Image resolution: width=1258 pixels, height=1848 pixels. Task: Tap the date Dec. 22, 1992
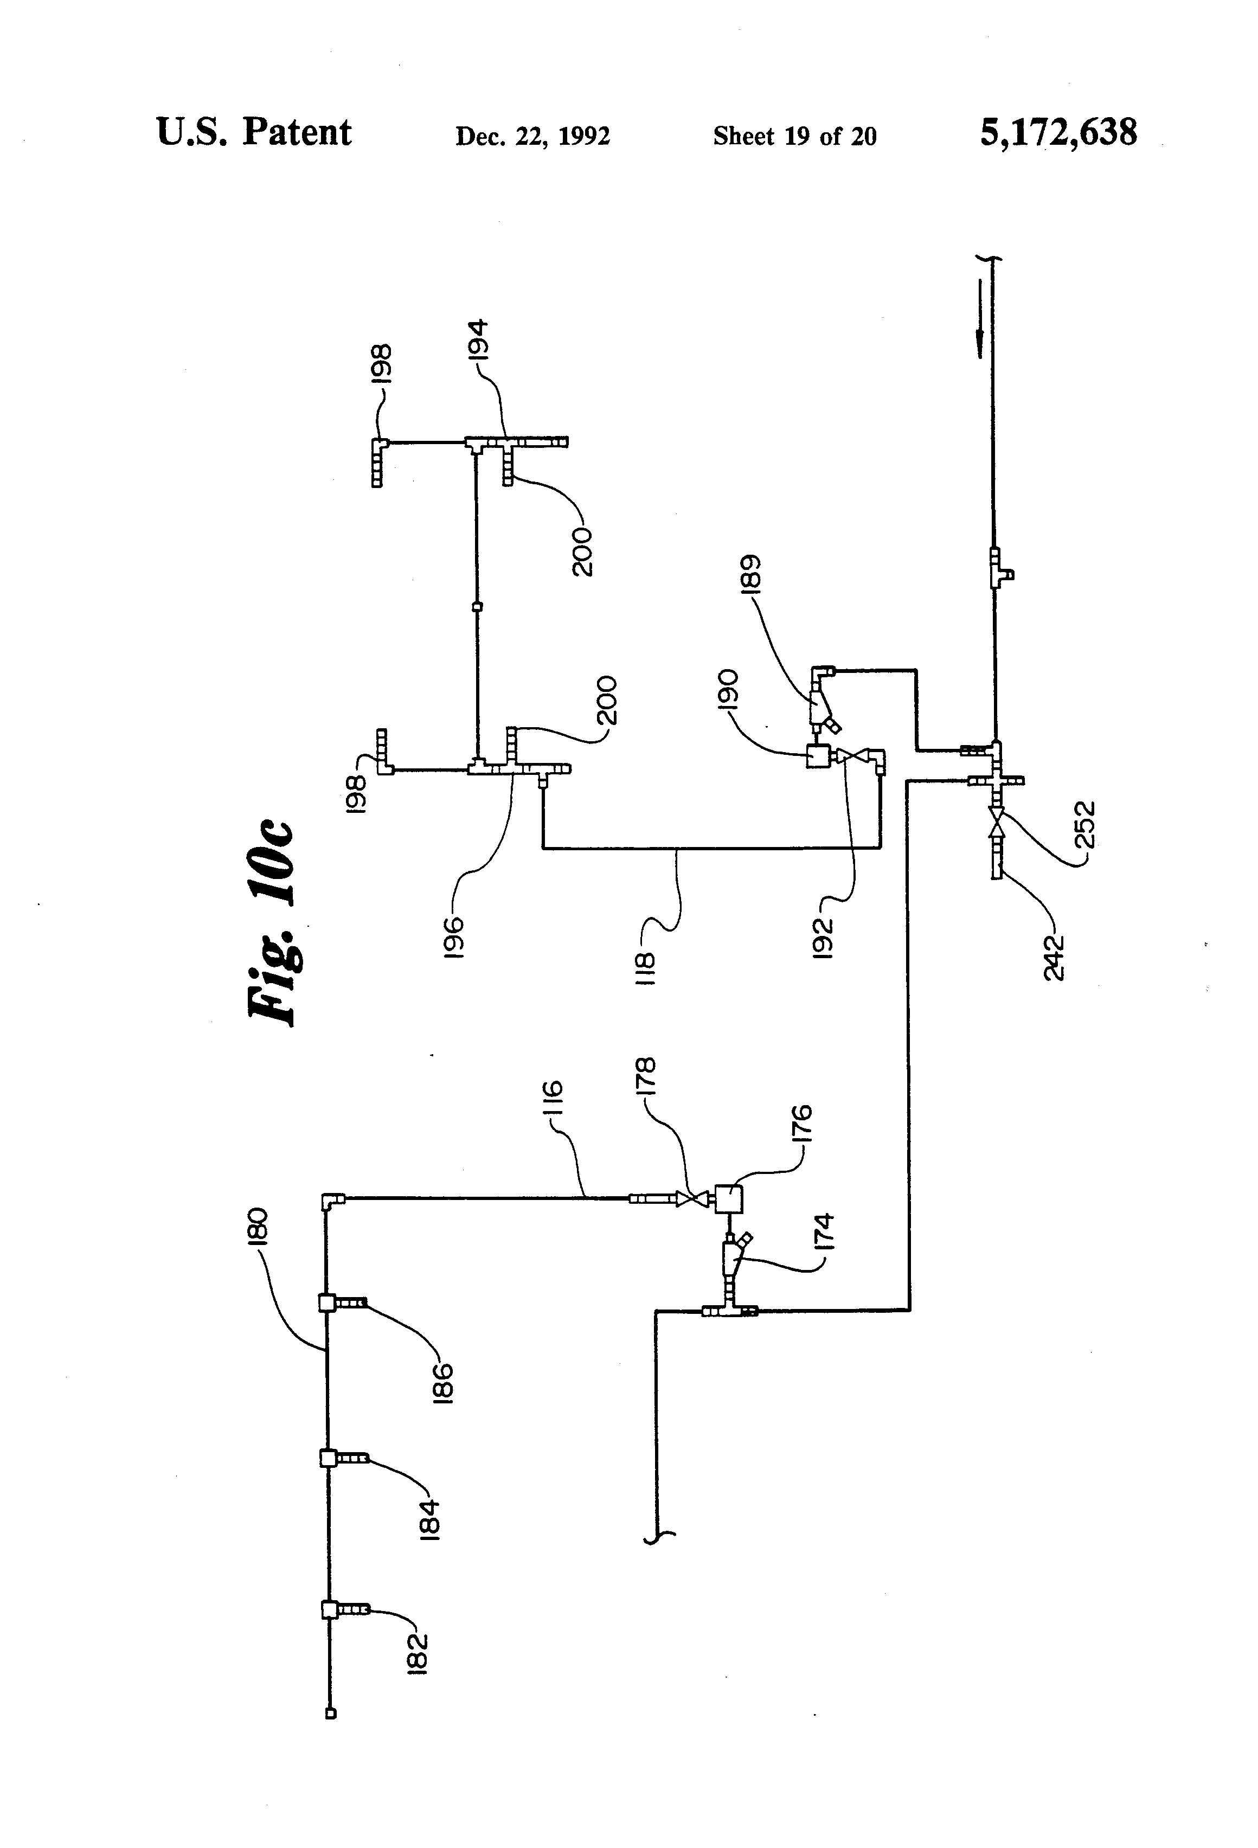click(532, 137)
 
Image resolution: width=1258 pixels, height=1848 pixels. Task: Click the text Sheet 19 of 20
click(794, 137)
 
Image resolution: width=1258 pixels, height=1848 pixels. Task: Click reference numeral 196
click(454, 938)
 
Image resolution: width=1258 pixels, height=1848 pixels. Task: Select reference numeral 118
click(646, 968)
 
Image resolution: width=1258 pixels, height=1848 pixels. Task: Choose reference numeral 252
click(1086, 825)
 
